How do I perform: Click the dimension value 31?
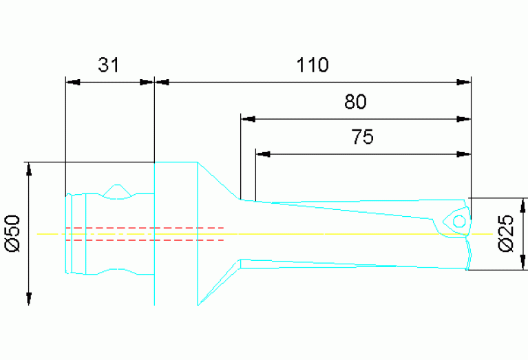(x=109, y=65)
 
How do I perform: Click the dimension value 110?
(x=313, y=65)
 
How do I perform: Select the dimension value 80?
(x=355, y=103)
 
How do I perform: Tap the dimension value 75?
(x=362, y=138)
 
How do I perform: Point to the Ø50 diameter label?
(x=15, y=233)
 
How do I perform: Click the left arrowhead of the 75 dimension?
(x=262, y=153)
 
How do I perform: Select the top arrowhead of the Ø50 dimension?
(x=29, y=169)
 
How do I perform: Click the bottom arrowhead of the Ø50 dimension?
(x=29, y=298)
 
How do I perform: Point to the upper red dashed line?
(x=145, y=227)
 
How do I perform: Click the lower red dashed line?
(x=145, y=240)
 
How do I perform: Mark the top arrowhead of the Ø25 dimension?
(x=524, y=205)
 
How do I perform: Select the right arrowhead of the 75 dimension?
(x=464, y=153)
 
